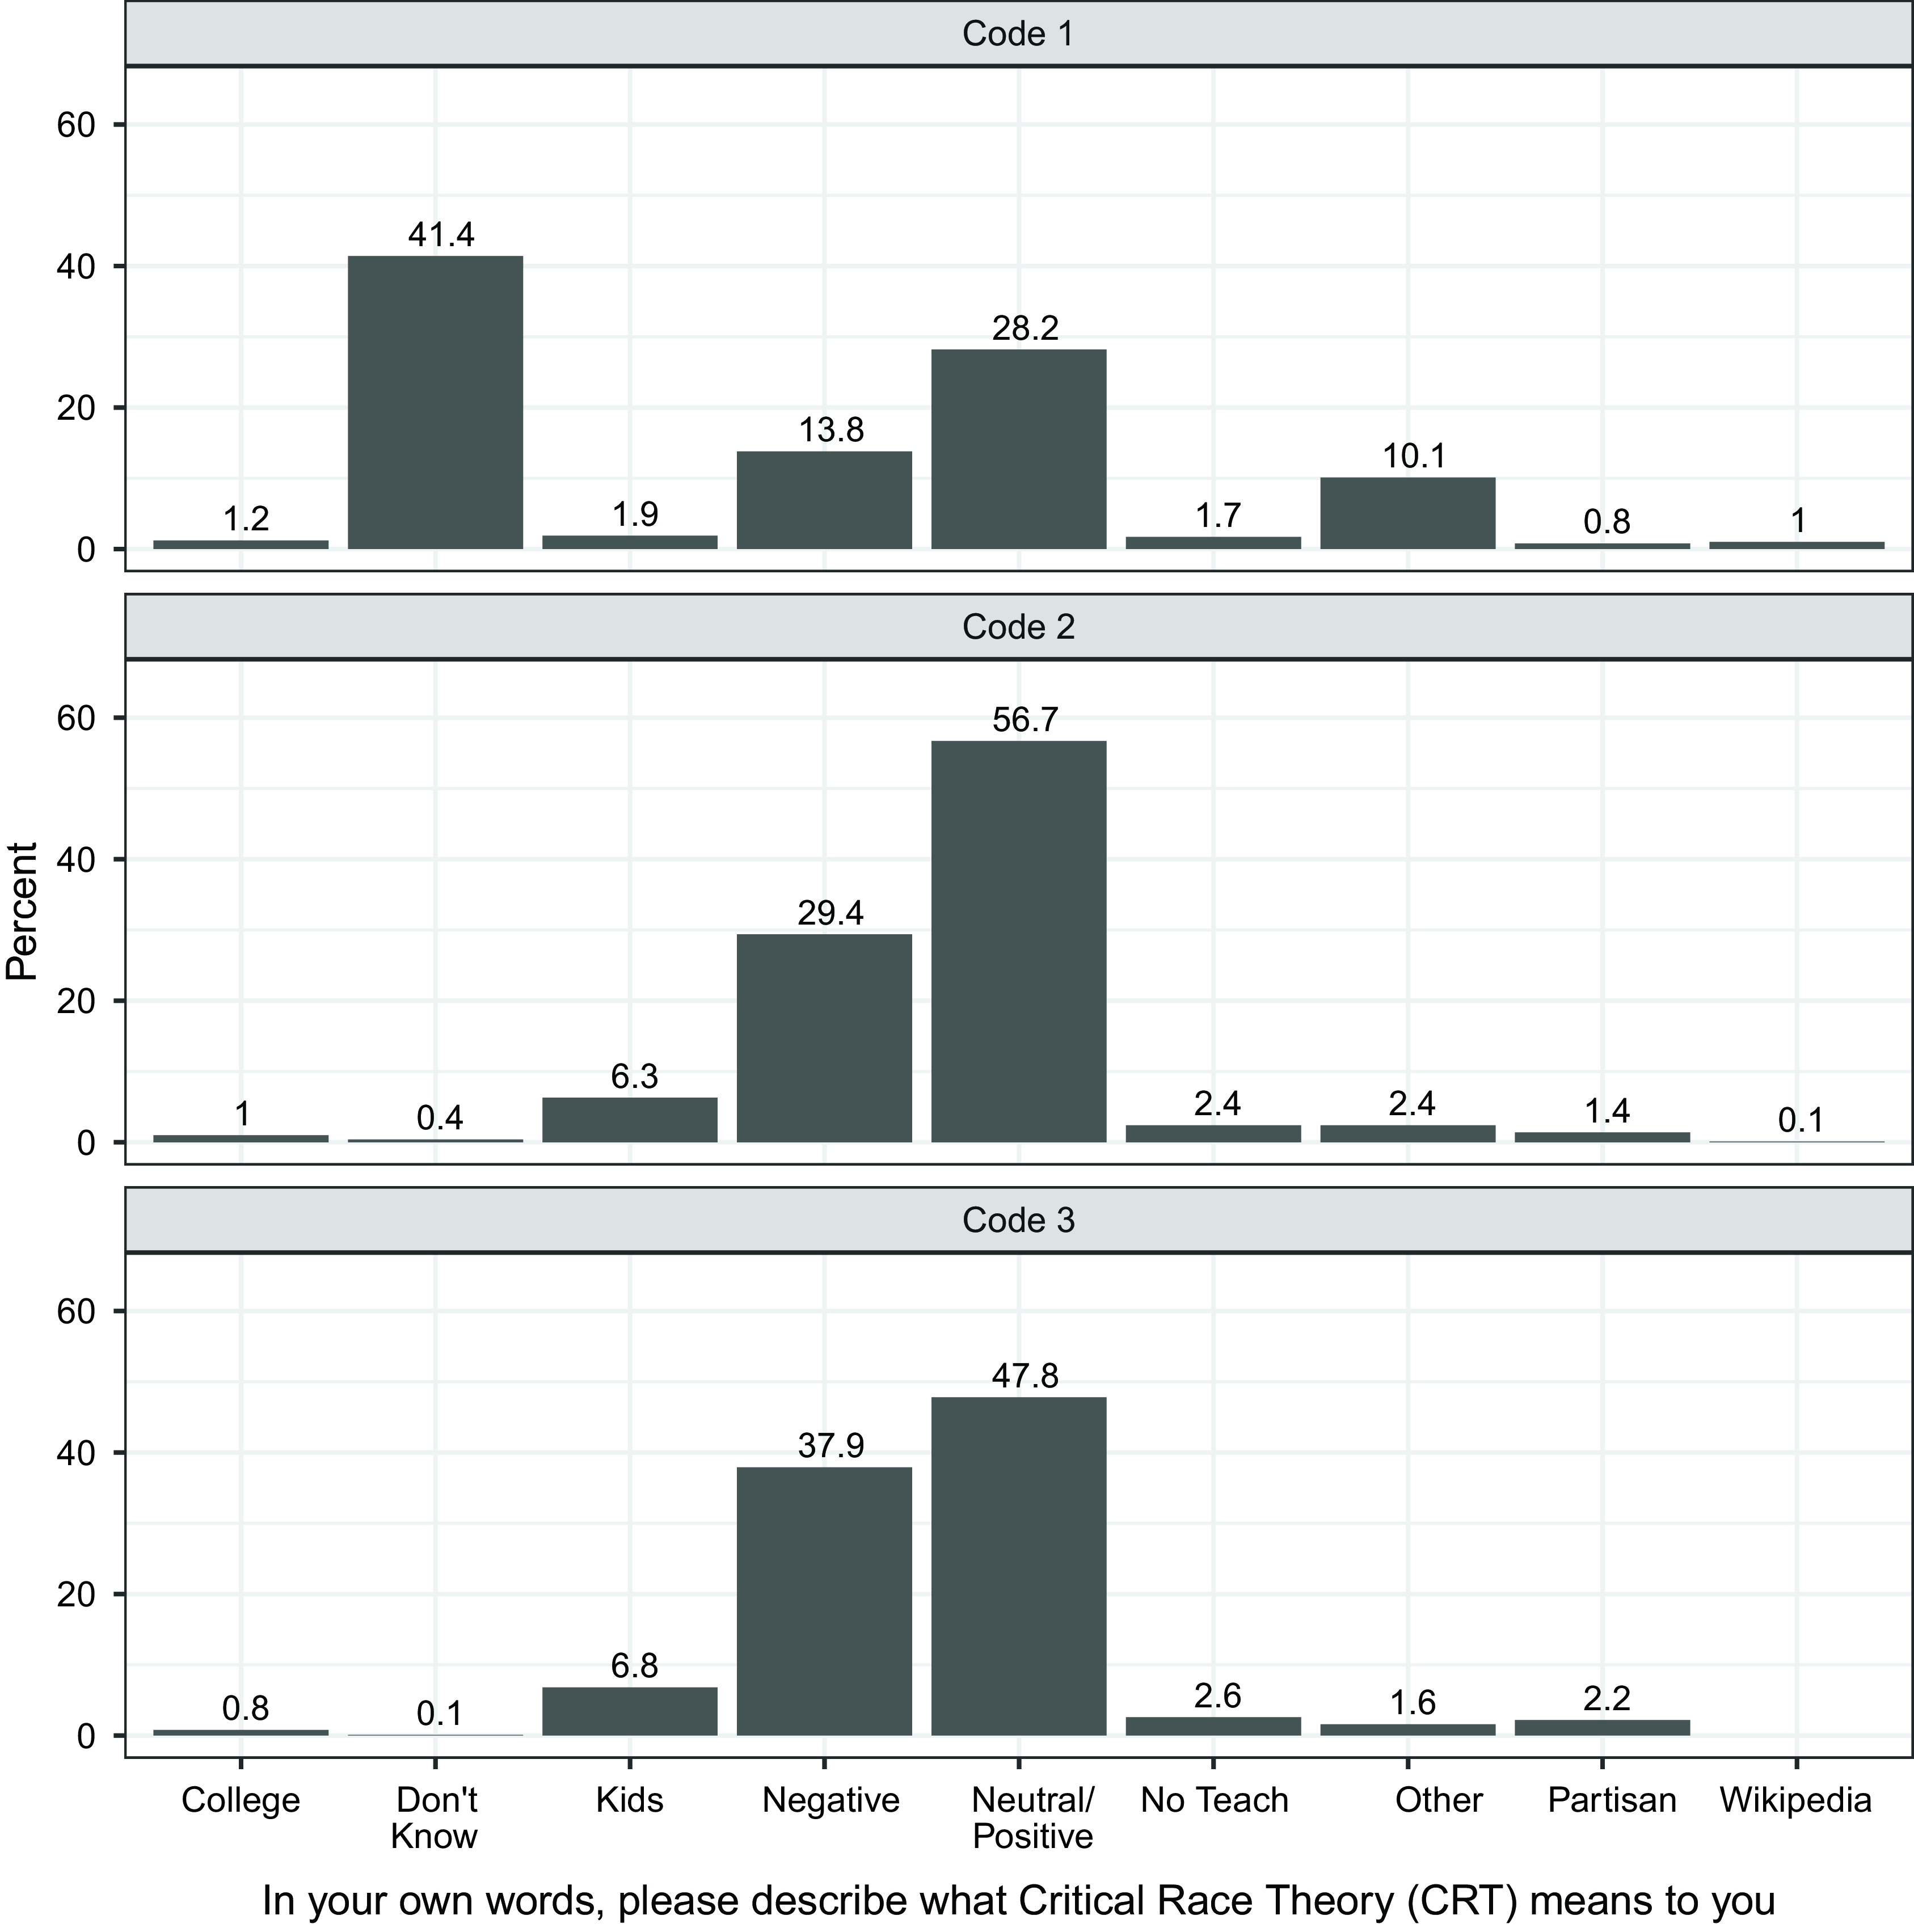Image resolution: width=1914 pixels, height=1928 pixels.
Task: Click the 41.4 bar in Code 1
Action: tap(435, 402)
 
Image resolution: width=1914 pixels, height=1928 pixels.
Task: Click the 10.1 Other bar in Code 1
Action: tap(1408, 513)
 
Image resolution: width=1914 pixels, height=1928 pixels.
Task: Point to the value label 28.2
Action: tap(1025, 328)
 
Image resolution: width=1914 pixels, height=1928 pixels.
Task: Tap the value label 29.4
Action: tap(830, 913)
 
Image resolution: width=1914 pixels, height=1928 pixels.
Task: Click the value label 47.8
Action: tap(1025, 1376)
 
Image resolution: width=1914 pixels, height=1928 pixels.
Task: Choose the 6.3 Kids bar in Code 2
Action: tap(630, 1120)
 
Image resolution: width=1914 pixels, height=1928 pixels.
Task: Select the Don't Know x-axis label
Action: tap(435, 1817)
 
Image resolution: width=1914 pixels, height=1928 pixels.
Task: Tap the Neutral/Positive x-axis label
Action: tap(1033, 1817)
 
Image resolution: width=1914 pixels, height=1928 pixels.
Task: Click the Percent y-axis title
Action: tap(21, 911)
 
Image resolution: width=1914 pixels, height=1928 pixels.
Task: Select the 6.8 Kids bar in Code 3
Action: tap(630, 1711)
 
